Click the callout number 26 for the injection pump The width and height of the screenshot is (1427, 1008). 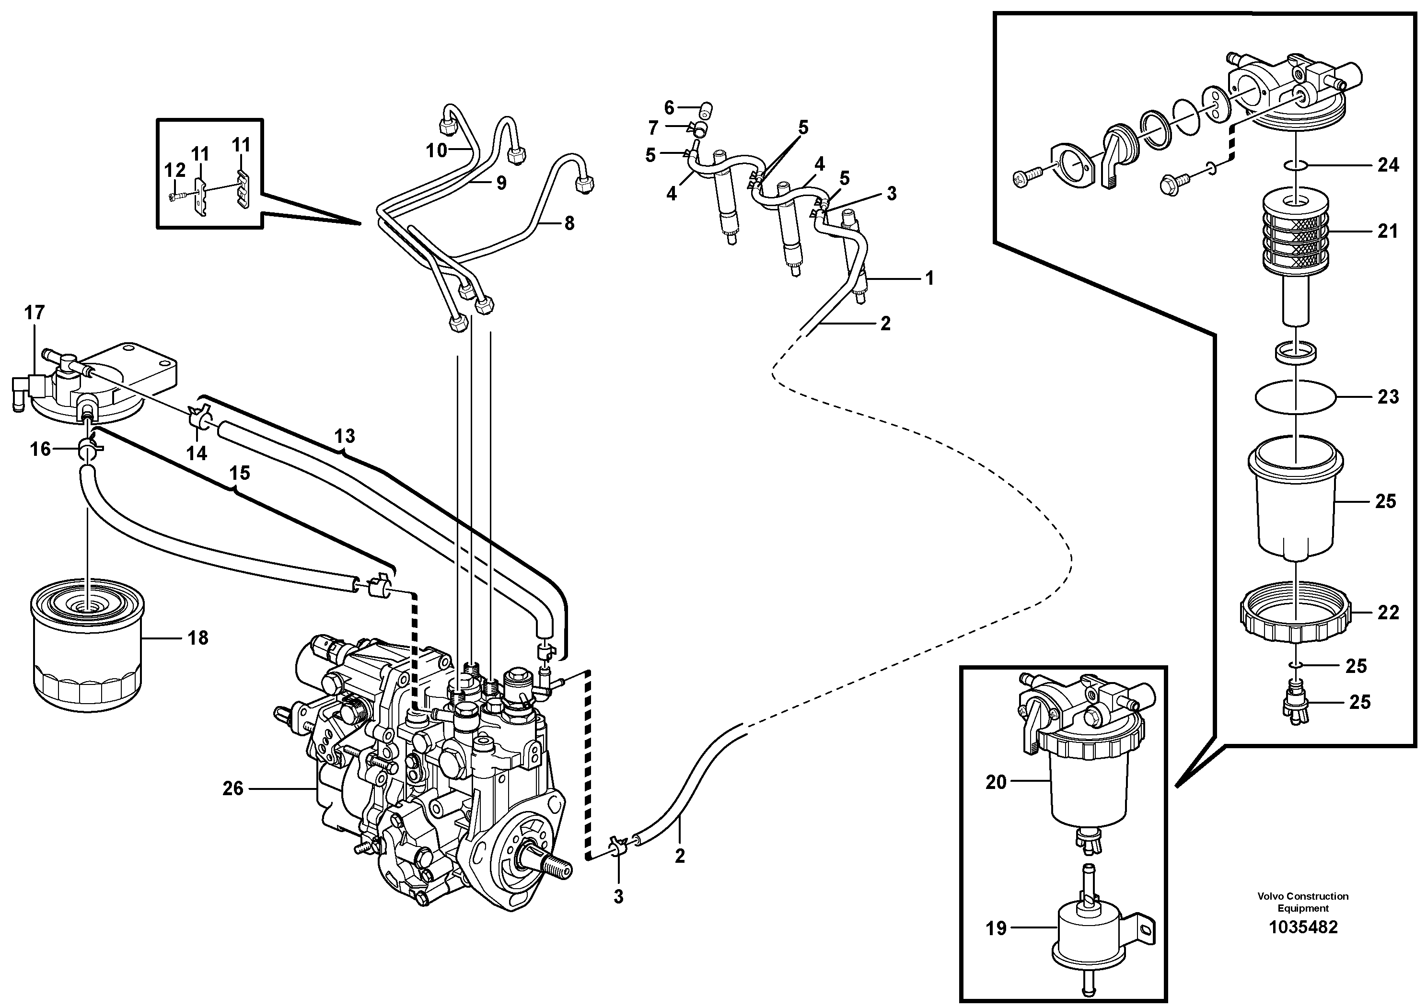(x=233, y=788)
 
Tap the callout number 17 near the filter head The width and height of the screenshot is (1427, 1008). (x=35, y=313)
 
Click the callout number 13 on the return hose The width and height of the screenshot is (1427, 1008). (x=345, y=436)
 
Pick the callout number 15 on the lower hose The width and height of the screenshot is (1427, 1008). (x=239, y=473)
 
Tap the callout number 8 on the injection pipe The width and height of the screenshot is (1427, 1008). (x=569, y=223)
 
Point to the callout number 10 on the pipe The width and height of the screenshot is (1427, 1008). (x=436, y=151)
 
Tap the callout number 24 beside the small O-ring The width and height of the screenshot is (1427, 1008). (x=1387, y=165)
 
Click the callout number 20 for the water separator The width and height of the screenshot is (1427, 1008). (x=996, y=782)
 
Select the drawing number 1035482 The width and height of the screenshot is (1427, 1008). (x=1303, y=945)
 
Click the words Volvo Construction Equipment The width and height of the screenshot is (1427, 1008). (x=1303, y=902)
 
